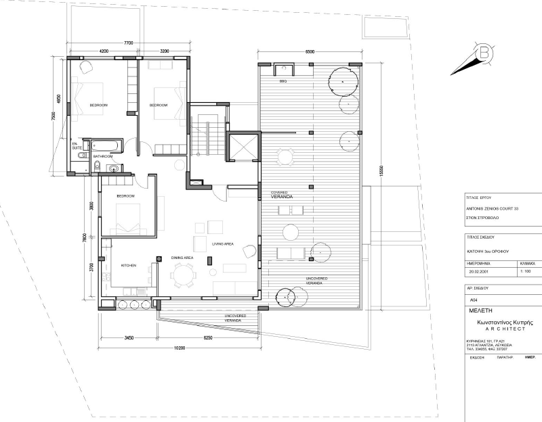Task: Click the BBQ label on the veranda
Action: pos(283,80)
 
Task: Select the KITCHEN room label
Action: pos(129,266)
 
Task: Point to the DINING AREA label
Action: pos(183,258)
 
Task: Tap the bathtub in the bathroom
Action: pos(106,145)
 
